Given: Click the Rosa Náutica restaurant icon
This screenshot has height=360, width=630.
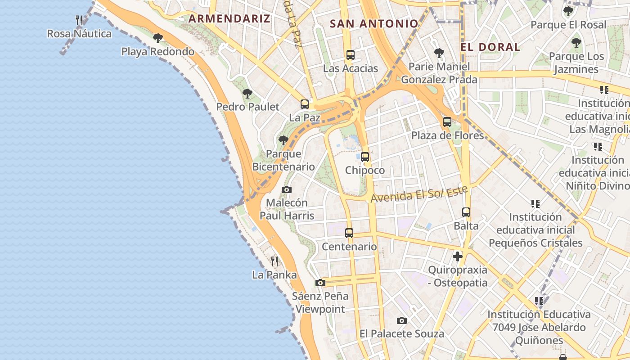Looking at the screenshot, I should [79, 20].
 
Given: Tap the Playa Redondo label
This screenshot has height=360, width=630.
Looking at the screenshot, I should [158, 51].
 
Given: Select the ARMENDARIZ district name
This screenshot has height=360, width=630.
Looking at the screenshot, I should [229, 18].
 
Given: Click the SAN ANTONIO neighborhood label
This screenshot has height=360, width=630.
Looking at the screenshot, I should [374, 24].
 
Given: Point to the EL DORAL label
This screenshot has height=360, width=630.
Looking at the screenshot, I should [490, 47].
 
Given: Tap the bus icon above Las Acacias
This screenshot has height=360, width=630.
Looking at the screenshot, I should [351, 55].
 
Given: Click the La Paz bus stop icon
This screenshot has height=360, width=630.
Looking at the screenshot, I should [305, 104].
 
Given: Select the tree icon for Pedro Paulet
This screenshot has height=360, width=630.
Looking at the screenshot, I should [247, 94].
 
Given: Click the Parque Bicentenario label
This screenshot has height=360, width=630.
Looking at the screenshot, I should [283, 160].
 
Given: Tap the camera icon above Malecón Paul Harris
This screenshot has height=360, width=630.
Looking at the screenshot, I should [287, 189].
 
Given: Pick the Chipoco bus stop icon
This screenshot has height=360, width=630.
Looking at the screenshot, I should [365, 157].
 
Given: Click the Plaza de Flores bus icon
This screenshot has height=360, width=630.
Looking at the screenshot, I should [447, 122].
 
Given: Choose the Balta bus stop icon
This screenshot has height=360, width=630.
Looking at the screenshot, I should [466, 212].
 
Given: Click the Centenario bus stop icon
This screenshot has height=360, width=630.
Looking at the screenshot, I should [349, 233].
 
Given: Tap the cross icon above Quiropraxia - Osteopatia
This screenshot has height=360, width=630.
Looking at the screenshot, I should [458, 256].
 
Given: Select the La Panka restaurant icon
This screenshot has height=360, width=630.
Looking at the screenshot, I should [274, 261].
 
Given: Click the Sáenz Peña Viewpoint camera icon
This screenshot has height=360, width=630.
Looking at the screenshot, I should [320, 283].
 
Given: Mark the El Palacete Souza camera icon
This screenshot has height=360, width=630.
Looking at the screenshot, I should [402, 320].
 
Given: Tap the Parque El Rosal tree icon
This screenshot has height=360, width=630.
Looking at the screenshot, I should [568, 11].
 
